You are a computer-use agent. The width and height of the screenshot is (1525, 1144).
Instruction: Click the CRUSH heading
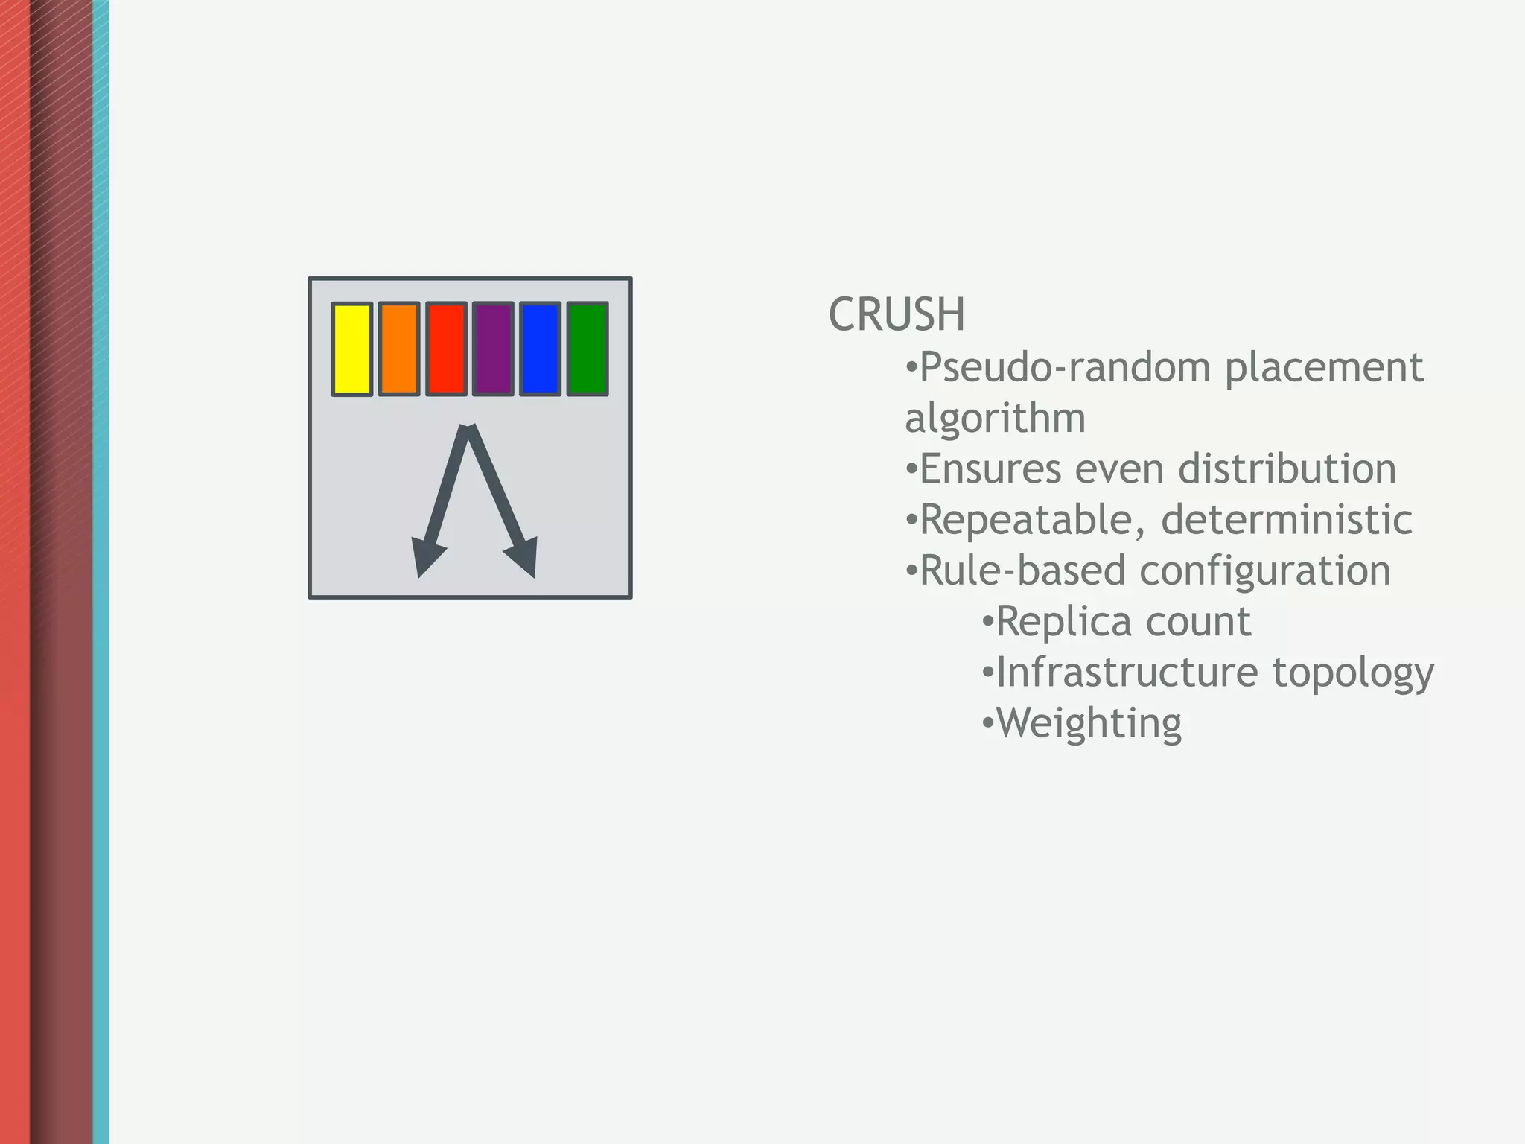pyautogui.click(x=897, y=314)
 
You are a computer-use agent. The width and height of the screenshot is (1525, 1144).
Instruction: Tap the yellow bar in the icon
pyautogui.click(x=351, y=349)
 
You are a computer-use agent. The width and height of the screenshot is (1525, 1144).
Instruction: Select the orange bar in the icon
pyautogui.click(x=399, y=349)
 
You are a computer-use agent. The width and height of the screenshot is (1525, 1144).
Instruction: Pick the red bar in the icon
pyautogui.click(x=446, y=349)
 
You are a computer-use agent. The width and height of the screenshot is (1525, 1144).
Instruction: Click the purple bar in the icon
pyautogui.click(x=493, y=349)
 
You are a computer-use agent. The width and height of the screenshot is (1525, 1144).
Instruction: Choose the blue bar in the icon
pyautogui.click(x=540, y=349)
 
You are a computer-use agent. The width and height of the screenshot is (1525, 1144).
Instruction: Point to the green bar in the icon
pyautogui.click(x=588, y=349)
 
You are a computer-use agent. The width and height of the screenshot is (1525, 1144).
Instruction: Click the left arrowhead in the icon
pyautogui.click(x=427, y=559)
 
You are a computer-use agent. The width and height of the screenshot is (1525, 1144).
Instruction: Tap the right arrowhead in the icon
pyautogui.click(x=524, y=559)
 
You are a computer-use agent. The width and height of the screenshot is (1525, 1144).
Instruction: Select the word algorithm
pyautogui.click(x=995, y=419)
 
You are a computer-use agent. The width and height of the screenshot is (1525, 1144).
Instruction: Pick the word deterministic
pyautogui.click(x=1286, y=520)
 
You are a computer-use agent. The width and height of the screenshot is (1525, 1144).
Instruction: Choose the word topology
pyautogui.click(x=1352, y=673)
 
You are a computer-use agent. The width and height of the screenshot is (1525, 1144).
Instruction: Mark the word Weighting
pyautogui.click(x=1089, y=723)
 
